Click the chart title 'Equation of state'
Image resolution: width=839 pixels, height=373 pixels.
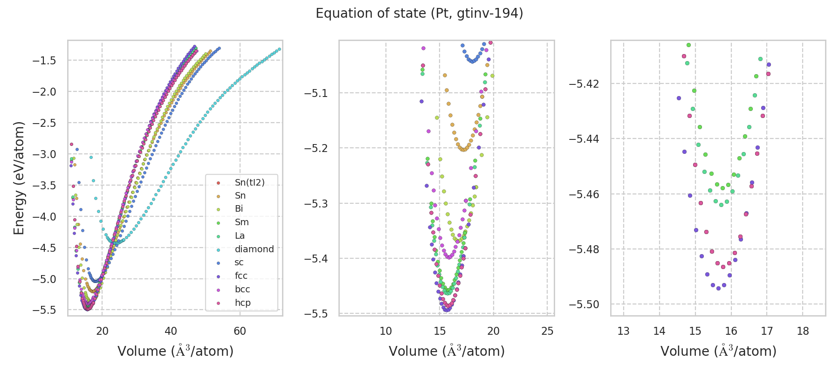click(419, 14)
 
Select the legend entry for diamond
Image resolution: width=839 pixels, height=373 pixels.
click(254, 249)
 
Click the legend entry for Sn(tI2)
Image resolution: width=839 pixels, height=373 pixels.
click(249, 182)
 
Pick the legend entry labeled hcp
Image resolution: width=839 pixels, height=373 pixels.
click(242, 303)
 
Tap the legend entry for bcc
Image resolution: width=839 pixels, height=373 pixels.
click(242, 289)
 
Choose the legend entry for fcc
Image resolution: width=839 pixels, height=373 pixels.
click(241, 276)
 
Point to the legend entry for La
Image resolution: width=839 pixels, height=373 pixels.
click(240, 235)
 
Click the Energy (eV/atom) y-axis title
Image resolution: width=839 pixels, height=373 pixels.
click(19, 178)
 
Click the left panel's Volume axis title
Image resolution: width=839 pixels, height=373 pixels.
click(175, 351)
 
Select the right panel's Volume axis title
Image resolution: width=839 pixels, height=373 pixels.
click(718, 351)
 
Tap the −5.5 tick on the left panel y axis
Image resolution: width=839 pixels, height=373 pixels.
click(44, 311)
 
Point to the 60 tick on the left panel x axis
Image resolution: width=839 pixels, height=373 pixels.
click(240, 331)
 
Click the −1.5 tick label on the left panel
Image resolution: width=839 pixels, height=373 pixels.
click(44, 61)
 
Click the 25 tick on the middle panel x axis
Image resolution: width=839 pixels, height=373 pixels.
click(547, 331)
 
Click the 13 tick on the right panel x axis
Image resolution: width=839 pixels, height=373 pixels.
click(623, 331)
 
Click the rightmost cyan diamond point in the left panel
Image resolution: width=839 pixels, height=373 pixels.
click(279, 49)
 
